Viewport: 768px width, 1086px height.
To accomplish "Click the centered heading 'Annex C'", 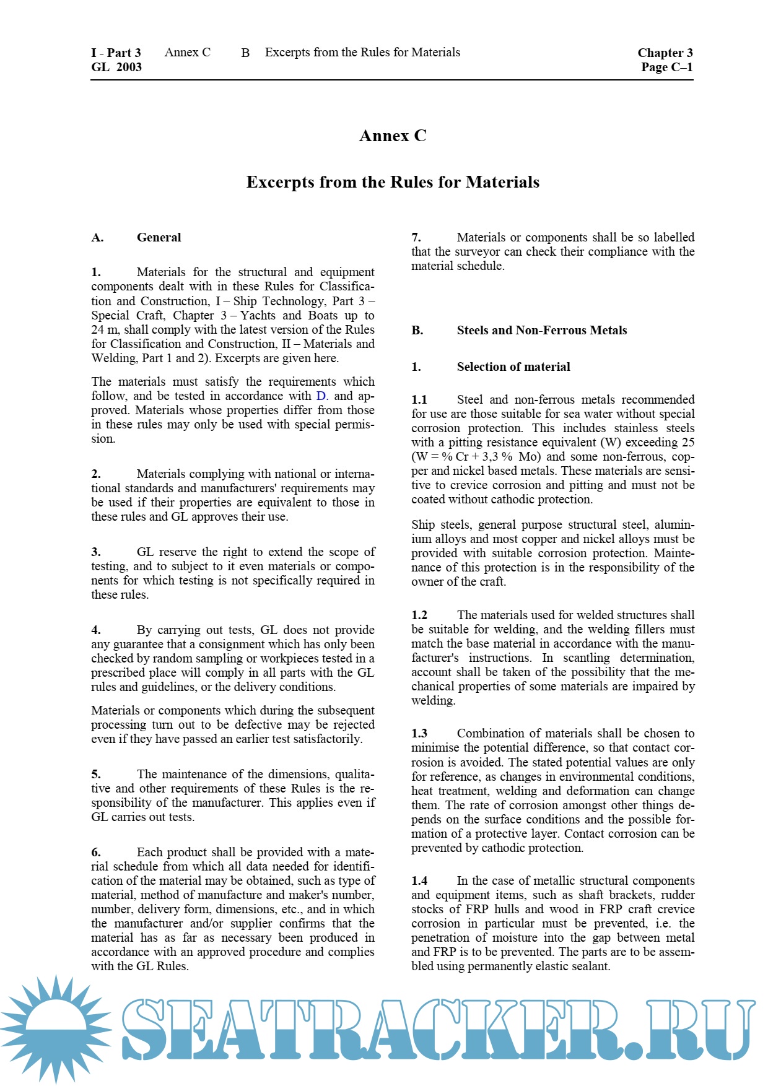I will pos(393,136).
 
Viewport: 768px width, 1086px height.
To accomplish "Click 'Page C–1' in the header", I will pos(666,67).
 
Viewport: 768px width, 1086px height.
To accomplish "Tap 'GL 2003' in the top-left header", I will pos(116,67).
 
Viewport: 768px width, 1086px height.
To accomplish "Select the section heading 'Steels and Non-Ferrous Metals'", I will pos(541,330).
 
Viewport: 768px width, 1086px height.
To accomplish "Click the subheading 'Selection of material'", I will pos(513,367).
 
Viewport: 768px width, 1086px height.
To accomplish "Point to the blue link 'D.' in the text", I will pos(322,396).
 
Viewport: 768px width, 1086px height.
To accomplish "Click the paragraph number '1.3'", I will pos(419,733).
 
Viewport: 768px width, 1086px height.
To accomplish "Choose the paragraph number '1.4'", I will pos(419,880).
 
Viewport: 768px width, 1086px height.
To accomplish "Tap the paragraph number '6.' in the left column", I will pos(96,852).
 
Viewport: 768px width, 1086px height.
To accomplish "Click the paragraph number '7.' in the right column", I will pos(416,237).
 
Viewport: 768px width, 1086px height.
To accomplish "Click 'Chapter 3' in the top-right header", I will pos(665,53).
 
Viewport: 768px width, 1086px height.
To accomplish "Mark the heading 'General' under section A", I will pos(159,237).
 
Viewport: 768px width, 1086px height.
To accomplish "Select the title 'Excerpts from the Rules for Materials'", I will pos(393,182).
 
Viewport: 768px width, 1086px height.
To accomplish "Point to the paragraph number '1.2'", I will pos(419,615).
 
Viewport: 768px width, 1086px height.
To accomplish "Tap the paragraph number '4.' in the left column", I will pos(96,630).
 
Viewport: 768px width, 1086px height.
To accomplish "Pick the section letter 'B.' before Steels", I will pos(417,330).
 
